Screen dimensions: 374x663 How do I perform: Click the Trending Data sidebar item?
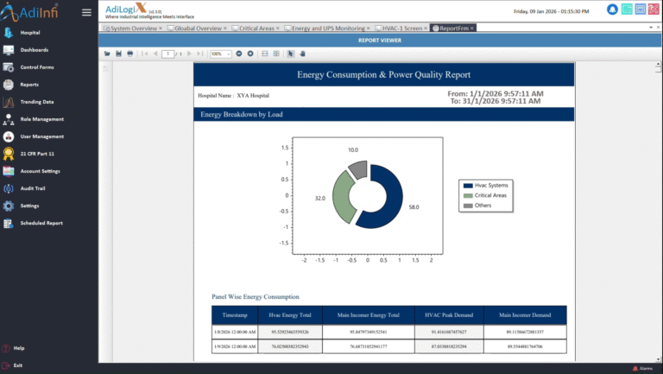click(37, 102)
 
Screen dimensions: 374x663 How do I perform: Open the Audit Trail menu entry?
click(35, 188)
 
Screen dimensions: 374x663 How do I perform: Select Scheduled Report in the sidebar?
click(41, 223)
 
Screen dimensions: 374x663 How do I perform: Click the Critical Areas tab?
click(256, 29)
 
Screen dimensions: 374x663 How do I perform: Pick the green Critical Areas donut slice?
click(343, 198)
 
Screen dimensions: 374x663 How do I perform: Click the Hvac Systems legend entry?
click(491, 185)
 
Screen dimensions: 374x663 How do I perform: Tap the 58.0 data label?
click(414, 207)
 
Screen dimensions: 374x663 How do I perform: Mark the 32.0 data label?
click(319, 199)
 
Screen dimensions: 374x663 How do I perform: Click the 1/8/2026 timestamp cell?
click(235, 331)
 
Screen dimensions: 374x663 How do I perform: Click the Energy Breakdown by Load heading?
click(241, 114)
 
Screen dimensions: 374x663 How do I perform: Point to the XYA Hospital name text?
click(253, 95)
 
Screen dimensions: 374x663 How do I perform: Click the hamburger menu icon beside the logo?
click(86, 12)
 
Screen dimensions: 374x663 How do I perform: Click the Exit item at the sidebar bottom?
click(18, 365)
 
